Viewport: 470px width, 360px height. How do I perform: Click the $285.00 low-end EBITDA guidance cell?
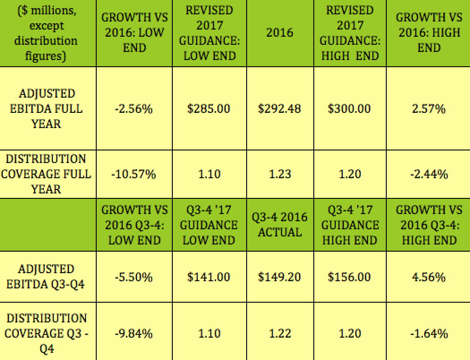click(x=209, y=108)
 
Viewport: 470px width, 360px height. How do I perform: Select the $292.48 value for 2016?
click(x=280, y=108)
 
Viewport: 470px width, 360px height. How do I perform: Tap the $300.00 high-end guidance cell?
click(x=349, y=108)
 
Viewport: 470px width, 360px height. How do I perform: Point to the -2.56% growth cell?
click(x=134, y=108)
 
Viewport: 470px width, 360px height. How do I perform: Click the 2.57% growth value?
click(x=428, y=108)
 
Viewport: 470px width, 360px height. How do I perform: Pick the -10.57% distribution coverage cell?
click(x=134, y=174)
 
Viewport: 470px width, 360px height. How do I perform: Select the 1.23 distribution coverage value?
click(x=280, y=174)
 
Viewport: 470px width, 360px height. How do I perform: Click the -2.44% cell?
click(x=428, y=174)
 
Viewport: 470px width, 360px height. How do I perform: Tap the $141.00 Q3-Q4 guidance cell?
click(x=209, y=277)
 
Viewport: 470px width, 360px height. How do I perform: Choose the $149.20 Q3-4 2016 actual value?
click(x=280, y=277)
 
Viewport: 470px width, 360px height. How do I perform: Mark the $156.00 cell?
click(x=349, y=277)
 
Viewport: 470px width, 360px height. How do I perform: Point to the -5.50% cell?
click(x=134, y=277)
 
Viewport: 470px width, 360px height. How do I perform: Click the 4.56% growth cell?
click(x=428, y=277)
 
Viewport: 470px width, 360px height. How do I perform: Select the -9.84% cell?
click(x=134, y=334)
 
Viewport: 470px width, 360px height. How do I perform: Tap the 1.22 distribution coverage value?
click(x=280, y=334)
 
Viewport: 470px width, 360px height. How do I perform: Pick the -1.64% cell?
click(x=428, y=334)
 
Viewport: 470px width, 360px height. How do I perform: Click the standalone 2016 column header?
click(x=280, y=33)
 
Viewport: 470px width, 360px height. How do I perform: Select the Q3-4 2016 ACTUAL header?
click(x=280, y=225)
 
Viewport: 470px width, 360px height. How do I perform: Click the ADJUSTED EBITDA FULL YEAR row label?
click(x=47, y=108)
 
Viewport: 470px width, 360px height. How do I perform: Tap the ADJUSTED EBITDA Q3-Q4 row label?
click(x=47, y=277)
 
